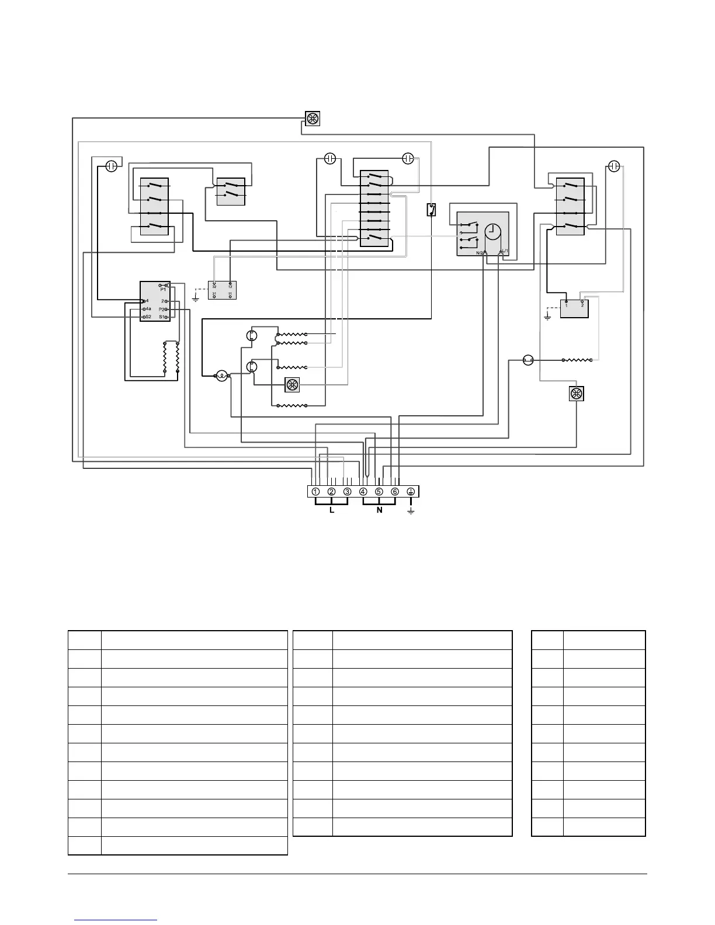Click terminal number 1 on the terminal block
(x=315, y=492)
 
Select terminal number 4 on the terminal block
(x=363, y=492)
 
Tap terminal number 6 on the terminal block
(x=395, y=492)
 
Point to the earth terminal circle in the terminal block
(x=411, y=492)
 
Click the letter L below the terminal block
(x=332, y=510)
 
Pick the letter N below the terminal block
(x=379, y=510)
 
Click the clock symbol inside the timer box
(x=493, y=232)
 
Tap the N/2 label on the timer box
(x=480, y=253)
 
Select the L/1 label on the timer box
(x=505, y=252)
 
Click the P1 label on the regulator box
(x=163, y=290)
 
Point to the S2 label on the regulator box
(x=148, y=317)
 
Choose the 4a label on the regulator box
(x=148, y=309)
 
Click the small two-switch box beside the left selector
(x=230, y=192)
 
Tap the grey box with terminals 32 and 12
(x=222, y=290)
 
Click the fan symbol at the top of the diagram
(x=313, y=119)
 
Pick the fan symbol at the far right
(x=576, y=394)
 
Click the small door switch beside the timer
(x=431, y=210)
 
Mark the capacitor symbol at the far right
(x=613, y=166)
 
